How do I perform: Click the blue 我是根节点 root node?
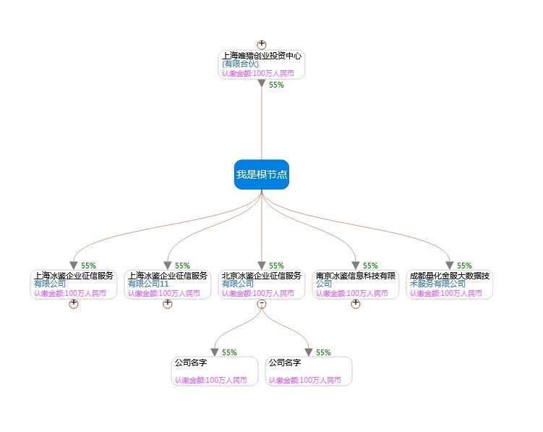click(x=261, y=174)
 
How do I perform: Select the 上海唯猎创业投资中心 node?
click(x=261, y=64)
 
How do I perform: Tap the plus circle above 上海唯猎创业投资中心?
click(x=262, y=45)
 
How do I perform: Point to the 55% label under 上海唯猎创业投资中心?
click(x=276, y=85)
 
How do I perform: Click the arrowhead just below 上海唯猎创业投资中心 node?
click(x=262, y=83)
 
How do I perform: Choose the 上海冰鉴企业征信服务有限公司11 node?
click(x=167, y=284)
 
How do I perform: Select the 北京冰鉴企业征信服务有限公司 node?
click(x=261, y=284)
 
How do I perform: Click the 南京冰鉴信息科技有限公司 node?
click(x=355, y=284)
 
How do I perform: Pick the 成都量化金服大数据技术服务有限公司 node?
click(x=449, y=284)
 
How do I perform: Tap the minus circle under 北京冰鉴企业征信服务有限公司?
click(x=262, y=304)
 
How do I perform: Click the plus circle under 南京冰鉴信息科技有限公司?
click(x=356, y=304)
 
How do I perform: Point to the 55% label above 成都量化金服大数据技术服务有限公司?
click(x=464, y=266)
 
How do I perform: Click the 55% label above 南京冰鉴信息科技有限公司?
click(x=370, y=266)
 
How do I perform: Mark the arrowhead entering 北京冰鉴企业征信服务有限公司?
click(x=262, y=266)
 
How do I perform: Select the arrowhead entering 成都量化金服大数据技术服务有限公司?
click(x=450, y=266)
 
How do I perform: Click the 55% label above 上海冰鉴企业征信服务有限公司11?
click(x=182, y=266)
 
